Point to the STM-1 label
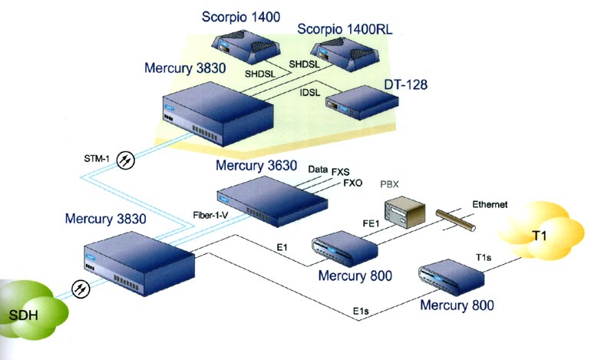point(97,159)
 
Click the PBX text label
point(391,185)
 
